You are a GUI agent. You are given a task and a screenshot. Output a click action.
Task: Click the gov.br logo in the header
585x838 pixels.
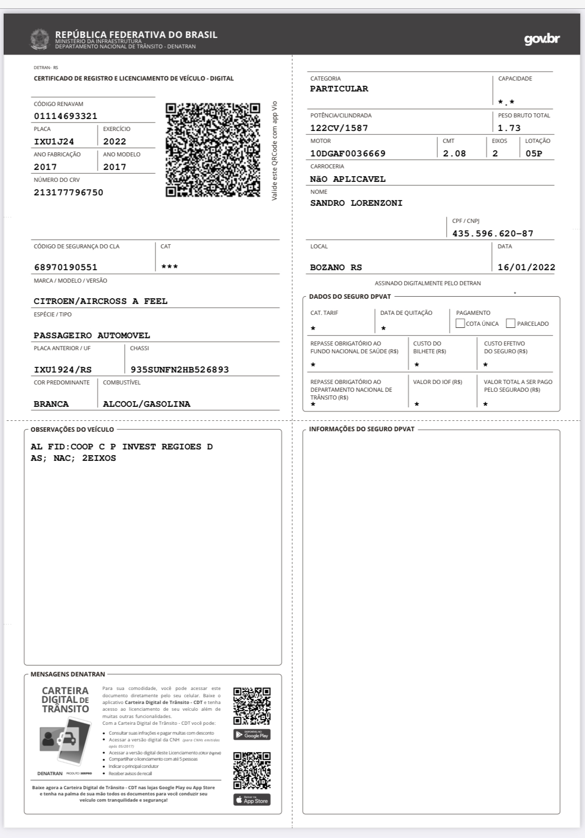(x=542, y=39)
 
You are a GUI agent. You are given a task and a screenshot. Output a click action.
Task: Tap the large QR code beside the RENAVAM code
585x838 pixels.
(x=213, y=150)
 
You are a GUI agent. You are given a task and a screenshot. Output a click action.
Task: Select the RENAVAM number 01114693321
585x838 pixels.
(x=66, y=116)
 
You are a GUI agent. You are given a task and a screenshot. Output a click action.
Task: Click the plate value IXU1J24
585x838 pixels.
(x=54, y=142)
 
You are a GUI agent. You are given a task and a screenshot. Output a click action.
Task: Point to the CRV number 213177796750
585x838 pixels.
(x=69, y=193)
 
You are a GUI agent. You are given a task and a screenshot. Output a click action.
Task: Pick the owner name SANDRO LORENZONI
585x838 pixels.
(x=356, y=203)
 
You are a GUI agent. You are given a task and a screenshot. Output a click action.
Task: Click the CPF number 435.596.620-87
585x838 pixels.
(x=492, y=234)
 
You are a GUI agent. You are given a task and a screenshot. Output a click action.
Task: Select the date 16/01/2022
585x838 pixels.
(x=526, y=268)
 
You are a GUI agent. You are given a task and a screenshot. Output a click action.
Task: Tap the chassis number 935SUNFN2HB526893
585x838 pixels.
(x=179, y=370)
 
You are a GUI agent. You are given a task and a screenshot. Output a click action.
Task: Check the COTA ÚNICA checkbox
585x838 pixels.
(x=460, y=324)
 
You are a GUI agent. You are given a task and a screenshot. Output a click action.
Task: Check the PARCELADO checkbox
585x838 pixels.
(x=511, y=324)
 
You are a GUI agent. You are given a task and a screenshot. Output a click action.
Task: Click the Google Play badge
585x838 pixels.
(x=252, y=735)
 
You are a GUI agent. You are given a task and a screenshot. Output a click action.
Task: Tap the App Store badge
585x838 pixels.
(x=252, y=800)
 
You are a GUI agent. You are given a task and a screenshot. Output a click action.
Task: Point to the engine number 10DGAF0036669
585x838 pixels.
(x=348, y=154)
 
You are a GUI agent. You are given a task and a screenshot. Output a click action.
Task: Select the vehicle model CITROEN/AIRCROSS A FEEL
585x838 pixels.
(x=100, y=301)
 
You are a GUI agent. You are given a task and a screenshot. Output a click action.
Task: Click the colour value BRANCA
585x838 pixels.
(x=51, y=404)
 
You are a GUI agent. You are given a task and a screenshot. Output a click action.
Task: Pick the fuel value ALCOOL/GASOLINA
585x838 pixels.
(x=147, y=404)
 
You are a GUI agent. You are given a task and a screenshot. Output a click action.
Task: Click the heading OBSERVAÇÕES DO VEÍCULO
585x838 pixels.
(x=72, y=430)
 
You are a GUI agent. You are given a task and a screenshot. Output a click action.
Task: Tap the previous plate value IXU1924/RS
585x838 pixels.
(x=62, y=370)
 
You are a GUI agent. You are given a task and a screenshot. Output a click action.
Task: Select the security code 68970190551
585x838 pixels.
(x=66, y=268)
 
